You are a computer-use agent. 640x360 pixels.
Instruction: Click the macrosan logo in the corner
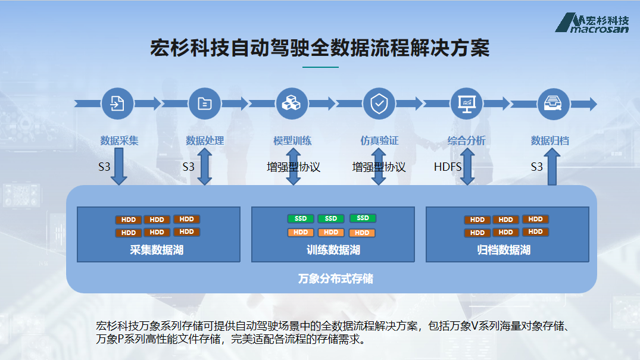coord(592,23)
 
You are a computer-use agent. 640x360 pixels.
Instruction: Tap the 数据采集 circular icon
coord(117,104)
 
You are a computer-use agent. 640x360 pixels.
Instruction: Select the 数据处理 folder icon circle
coord(205,104)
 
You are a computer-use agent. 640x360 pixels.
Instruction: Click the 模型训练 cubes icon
coord(292,104)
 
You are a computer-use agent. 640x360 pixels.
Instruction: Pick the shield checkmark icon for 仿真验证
coord(379,104)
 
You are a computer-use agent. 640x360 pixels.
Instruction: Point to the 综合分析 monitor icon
coord(466,104)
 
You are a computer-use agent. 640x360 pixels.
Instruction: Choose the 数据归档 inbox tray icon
coord(554,104)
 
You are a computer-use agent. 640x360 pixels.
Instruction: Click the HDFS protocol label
coord(448,167)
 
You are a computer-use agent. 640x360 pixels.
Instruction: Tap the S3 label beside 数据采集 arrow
coord(105,167)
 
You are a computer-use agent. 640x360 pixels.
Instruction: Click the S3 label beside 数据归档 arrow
coord(537,167)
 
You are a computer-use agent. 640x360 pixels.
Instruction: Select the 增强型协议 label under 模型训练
coord(294,167)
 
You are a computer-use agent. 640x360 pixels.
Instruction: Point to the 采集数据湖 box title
coord(157,250)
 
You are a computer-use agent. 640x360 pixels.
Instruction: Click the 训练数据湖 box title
coord(333,250)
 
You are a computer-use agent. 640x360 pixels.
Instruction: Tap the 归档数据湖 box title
coord(504,250)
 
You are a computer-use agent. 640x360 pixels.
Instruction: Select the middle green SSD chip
coord(331,219)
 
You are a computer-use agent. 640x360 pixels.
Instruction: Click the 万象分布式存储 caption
coord(336,278)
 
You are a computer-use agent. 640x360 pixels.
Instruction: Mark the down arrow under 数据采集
coord(119,167)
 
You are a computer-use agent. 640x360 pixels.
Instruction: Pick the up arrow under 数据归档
coord(552,167)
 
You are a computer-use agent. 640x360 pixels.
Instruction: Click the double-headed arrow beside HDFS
coord(467,167)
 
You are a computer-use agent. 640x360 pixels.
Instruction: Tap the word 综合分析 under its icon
coord(466,141)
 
